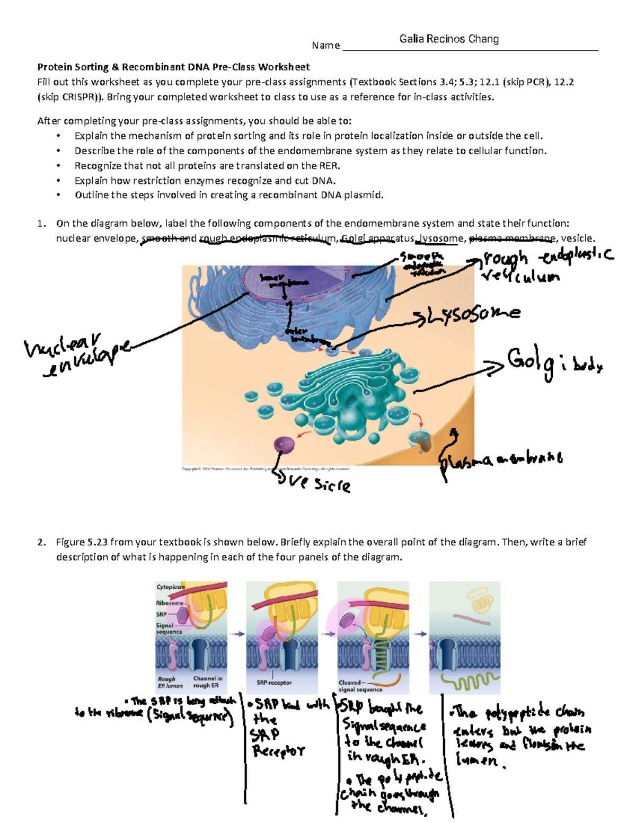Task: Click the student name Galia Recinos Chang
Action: point(449,39)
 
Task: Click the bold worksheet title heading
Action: point(173,67)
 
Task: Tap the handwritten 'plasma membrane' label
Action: point(501,459)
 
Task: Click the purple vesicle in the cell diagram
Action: point(284,444)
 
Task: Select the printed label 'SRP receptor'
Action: point(274,683)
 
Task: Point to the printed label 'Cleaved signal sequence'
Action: point(360,686)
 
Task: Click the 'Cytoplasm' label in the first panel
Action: point(170,587)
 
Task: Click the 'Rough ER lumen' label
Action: point(170,682)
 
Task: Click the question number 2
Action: point(41,542)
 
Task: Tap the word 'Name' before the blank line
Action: point(325,46)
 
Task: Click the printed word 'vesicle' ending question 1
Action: point(577,238)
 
